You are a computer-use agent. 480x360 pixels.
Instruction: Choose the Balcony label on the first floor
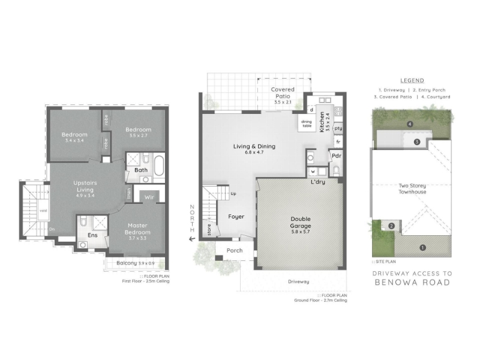click(127, 263)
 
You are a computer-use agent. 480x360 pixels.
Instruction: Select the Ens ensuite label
click(92, 235)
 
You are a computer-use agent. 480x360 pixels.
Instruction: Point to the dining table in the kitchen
click(307, 123)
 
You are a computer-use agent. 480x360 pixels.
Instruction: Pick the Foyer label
click(236, 216)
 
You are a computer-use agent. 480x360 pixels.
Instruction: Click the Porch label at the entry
click(235, 251)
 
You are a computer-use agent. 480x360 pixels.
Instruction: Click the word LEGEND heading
click(412, 80)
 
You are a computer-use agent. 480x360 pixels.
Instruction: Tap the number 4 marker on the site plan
click(410, 124)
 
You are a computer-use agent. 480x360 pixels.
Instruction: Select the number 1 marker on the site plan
click(422, 247)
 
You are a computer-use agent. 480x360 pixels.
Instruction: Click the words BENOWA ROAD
click(412, 282)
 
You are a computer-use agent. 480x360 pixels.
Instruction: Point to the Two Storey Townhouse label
click(412, 188)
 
